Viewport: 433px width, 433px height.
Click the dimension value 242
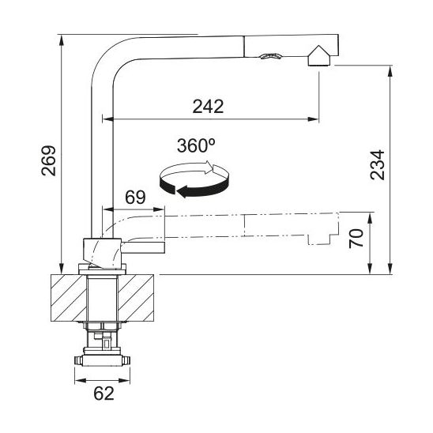(x=208, y=107)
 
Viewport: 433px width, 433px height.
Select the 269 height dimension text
(x=49, y=160)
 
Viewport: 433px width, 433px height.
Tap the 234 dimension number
(x=377, y=165)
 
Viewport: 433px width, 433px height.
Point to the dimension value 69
(x=135, y=198)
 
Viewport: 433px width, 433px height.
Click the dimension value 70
(x=356, y=239)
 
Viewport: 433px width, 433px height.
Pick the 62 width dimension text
(x=104, y=393)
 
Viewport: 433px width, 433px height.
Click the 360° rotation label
(x=196, y=145)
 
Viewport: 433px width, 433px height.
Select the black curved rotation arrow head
(x=183, y=191)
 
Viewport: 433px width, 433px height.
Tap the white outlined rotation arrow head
(x=209, y=167)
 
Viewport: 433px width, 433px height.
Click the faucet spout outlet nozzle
(x=319, y=56)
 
